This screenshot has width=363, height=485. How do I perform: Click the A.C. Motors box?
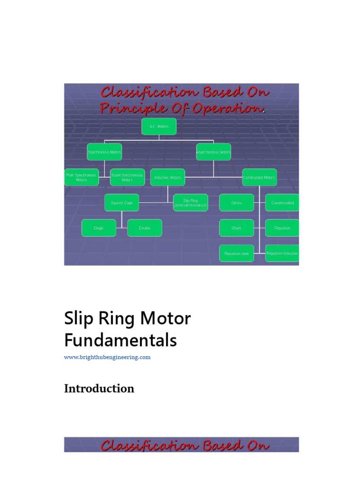pos(159,126)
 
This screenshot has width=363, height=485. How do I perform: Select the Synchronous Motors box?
pos(104,152)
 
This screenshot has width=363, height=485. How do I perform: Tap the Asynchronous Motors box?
pos(214,152)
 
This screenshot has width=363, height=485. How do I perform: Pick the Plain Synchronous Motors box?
pos(81,177)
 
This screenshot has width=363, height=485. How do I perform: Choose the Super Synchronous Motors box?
pos(127,177)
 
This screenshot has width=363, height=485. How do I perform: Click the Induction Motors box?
pos(168,177)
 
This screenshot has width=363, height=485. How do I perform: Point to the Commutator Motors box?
pos(259,177)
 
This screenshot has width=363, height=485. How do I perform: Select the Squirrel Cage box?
pos(122,203)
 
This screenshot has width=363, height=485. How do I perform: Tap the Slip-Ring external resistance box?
pos(190,203)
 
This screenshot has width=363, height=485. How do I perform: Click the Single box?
pos(99,228)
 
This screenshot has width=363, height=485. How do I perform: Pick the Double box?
pos(145,228)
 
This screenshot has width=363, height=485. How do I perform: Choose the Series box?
pos(236,203)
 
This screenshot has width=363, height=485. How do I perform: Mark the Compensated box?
pos(282,203)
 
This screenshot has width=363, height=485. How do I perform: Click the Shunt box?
pos(236,228)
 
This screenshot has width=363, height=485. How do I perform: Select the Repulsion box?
pos(282,228)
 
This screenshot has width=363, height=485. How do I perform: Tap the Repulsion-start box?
pos(236,253)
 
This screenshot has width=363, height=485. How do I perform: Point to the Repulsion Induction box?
pos(282,253)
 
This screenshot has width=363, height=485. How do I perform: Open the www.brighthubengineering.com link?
pos(107,357)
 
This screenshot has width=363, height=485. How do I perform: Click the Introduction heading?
pos(99,389)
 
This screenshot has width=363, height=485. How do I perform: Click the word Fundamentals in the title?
pos(120,340)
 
